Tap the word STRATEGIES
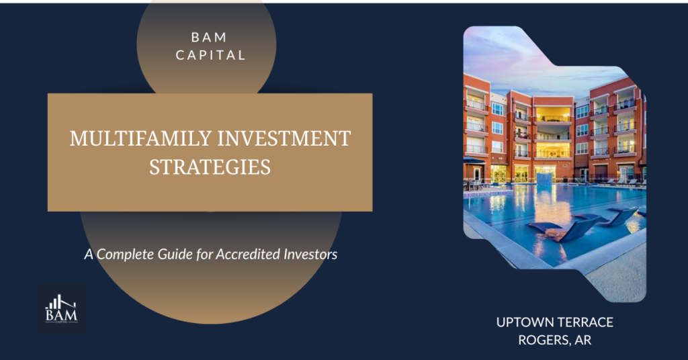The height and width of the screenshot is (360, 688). point(210,167)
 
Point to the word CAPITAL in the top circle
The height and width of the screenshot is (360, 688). point(206,56)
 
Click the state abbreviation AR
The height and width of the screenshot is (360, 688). point(584,341)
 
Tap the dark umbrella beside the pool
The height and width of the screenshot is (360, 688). point(474,161)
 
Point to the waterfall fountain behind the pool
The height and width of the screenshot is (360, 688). point(543,177)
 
